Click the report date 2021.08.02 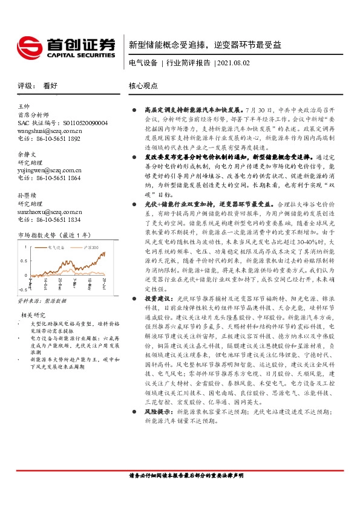[233, 63]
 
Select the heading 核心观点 [142, 86]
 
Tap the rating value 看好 [51, 86]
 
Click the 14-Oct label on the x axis [45, 282]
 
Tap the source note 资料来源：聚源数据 [42, 300]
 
